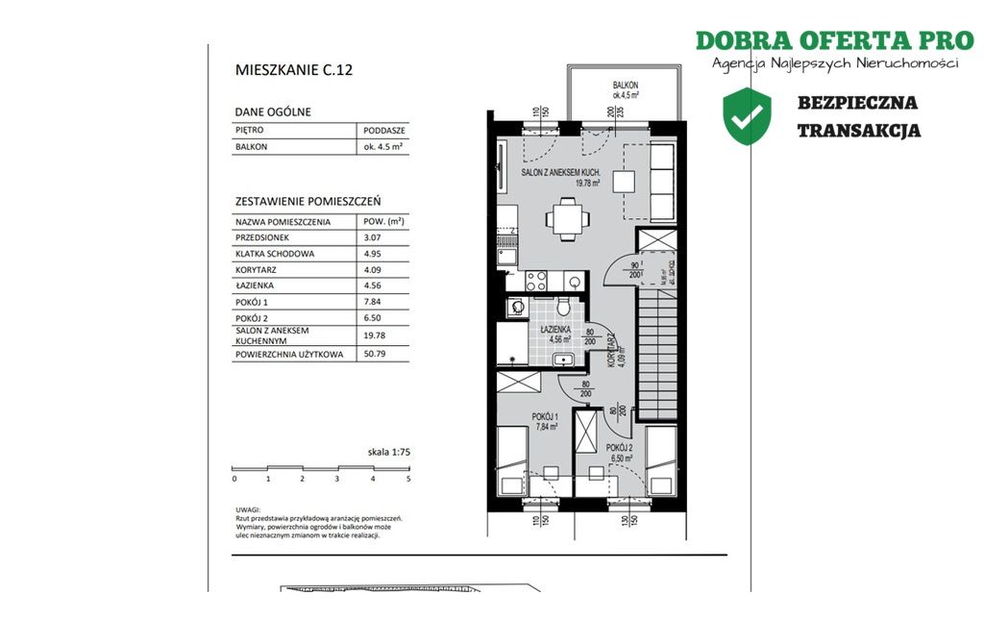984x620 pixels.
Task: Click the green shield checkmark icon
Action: click(x=748, y=115)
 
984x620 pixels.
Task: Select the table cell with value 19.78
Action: click(x=375, y=334)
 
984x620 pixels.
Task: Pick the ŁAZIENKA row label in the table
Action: click(x=255, y=285)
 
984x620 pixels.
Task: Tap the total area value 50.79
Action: click(x=375, y=355)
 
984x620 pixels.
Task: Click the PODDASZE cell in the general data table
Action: click(x=383, y=130)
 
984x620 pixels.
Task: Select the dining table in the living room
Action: click(x=567, y=218)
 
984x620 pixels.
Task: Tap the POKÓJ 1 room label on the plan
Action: click(x=545, y=416)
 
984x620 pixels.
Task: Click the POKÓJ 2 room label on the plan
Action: click(x=619, y=448)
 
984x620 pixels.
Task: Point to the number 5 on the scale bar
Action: click(x=408, y=478)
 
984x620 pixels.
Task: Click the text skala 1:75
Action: click(x=388, y=451)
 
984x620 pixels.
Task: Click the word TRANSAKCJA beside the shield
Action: click(x=858, y=131)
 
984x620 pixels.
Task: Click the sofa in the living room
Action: click(x=662, y=181)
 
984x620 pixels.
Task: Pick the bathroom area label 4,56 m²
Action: click(x=559, y=338)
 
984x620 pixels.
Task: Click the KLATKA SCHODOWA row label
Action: click(x=275, y=254)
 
